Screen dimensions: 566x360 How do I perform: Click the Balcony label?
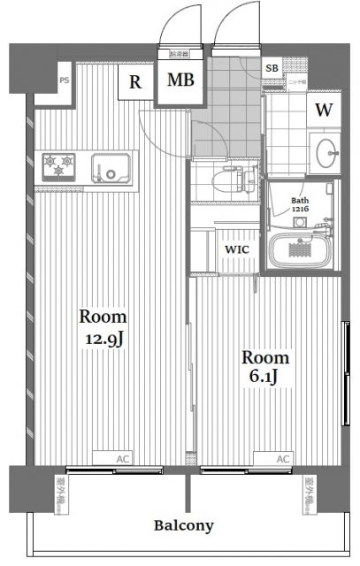(x=184, y=525)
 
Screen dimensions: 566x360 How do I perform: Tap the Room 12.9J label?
(x=103, y=329)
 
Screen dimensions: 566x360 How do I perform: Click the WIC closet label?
(x=236, y=250)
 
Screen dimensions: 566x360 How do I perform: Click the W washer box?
(x=324, y=110)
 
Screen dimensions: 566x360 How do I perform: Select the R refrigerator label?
(x=135, y=83)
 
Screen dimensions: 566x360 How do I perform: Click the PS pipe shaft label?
(x=64, y=80)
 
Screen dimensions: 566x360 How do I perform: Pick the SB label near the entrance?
(x=271, y=67)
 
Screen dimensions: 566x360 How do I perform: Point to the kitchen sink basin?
(x=112, y=165)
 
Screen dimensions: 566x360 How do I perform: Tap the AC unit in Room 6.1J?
(x=281, y=458)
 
